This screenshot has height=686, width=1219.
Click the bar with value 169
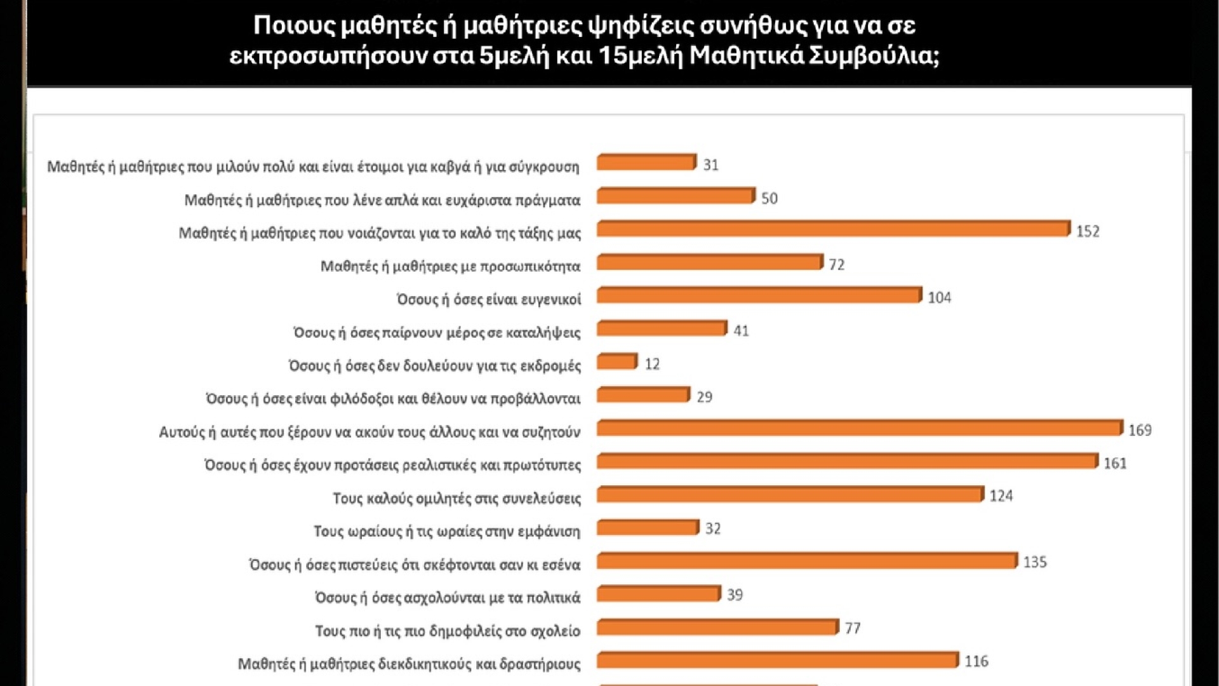click(860, 428)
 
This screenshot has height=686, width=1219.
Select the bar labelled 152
click(833, 229)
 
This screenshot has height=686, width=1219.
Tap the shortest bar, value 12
click(617, 361)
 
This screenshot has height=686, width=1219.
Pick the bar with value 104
click(759, 295)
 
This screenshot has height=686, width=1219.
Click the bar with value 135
click(807, 561)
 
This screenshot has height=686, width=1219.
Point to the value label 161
click(1115, 464)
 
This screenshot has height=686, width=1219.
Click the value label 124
click(1001, 496)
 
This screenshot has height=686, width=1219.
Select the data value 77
click(853, 628)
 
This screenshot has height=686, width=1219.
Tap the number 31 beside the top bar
click(710, 165)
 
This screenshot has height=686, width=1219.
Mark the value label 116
click(976, 661)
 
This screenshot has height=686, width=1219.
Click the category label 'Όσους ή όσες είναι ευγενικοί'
click(489, 299)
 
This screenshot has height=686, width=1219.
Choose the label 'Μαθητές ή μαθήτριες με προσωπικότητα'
click(450, 266)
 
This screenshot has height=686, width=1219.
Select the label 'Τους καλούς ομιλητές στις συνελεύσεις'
click(456, 499)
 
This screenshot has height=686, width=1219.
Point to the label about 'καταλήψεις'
click(437, 333)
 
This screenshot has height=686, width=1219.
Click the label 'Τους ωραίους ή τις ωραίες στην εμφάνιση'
click(447, 532)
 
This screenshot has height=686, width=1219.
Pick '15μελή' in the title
click(640, 56)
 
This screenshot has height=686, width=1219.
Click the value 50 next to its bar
click(769, 198)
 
